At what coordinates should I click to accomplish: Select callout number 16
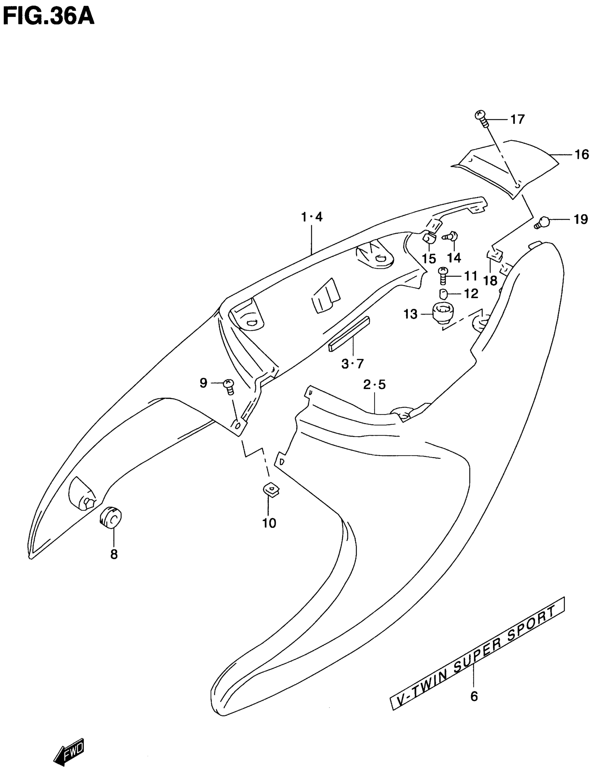point(582,155)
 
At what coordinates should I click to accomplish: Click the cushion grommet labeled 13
point(441,313)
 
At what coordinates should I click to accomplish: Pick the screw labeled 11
point(443,275)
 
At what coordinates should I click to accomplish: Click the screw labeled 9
point(229,386)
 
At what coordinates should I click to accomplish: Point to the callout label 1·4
point(312,216)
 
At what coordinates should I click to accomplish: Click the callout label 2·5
point(374,384)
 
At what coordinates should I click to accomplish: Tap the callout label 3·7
point(352,364)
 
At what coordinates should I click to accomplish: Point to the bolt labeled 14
point(452,236)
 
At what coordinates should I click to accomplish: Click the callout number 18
point(490,281)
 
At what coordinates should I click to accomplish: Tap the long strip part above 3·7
point(349,333)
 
